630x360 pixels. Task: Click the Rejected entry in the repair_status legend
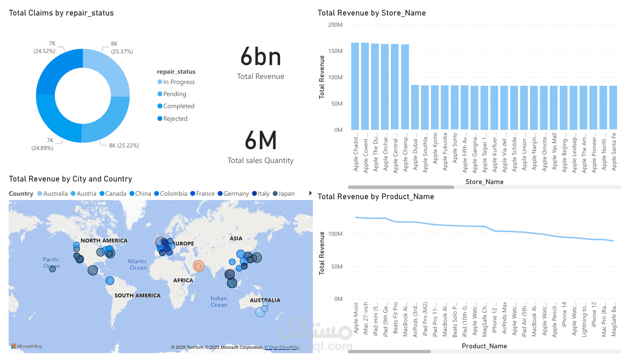coord(175,119)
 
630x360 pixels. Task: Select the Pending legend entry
coord(175,94)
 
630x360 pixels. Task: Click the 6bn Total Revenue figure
coord(261,57)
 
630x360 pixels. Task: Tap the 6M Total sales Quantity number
coord(261,141)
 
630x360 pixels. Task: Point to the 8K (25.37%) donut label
coord(122,47)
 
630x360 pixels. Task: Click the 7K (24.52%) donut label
coord(45,47)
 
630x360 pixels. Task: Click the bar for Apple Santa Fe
coord(613,108)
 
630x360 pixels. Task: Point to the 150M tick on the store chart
coord(335,51)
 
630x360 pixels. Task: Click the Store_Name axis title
coord(484,182)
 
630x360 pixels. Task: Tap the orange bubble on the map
coord(198,266)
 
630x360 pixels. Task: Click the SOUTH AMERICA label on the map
coord(137,295)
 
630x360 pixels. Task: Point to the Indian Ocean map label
coord(219,301)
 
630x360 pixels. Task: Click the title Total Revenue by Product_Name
coord(376,197)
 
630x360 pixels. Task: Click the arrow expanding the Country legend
coord(310,193)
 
